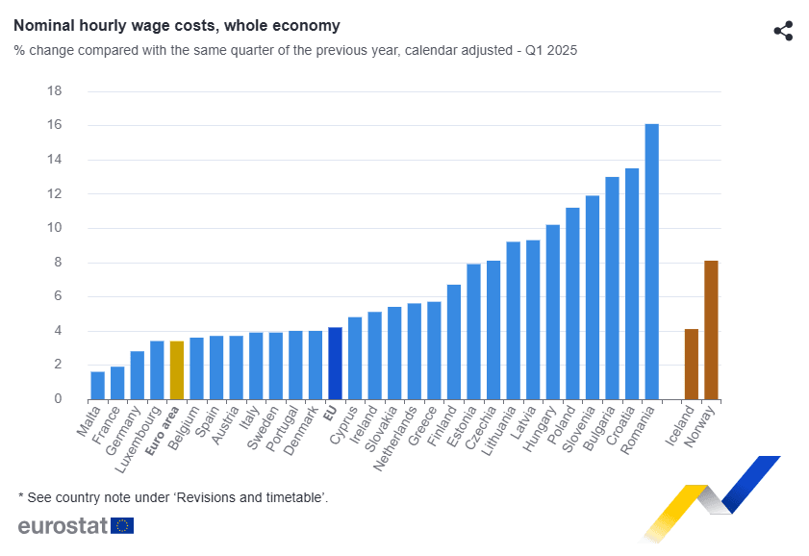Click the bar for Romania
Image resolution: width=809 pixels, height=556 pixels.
coord(651,262)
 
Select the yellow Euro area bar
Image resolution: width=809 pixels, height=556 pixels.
coord(176,370)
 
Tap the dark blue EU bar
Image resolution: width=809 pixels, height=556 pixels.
coord(334,364)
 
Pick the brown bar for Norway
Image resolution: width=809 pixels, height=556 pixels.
coord(711,330)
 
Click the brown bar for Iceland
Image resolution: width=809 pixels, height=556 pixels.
coord(691,365)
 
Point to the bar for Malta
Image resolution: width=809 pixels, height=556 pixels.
coord(97,386)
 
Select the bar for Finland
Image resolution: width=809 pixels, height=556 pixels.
coord(453,342)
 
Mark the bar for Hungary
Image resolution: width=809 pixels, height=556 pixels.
coord(552,313)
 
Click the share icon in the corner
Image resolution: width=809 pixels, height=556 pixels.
coord(783,31)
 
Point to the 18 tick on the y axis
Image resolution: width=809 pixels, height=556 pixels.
coord(54,91)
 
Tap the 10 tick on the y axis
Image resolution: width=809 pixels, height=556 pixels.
coord(54,228)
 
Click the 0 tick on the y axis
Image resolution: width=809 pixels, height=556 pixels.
coord(58,399)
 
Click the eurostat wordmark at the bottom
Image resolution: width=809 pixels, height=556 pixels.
coord(63,525)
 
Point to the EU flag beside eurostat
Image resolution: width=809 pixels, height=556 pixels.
coord(122,525)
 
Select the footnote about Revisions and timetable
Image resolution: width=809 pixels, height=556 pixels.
coord(173,496)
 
